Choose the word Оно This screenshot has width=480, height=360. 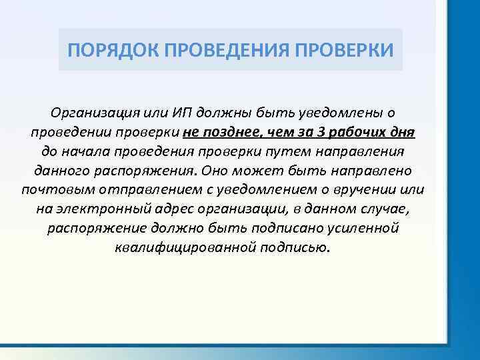215,171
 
